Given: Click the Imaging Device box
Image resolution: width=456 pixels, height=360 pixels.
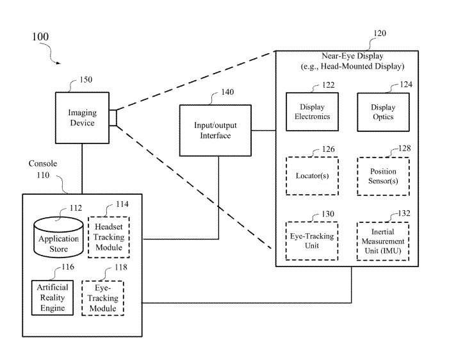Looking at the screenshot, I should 82,118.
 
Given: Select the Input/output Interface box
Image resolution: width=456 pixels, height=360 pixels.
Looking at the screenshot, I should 216,131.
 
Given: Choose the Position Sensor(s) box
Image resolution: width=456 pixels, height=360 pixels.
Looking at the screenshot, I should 383,176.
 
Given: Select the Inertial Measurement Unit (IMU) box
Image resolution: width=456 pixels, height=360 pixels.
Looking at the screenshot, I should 382,240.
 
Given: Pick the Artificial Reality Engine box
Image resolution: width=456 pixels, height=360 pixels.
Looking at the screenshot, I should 52,297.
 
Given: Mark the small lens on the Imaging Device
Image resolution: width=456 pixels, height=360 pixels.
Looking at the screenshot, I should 113,118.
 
